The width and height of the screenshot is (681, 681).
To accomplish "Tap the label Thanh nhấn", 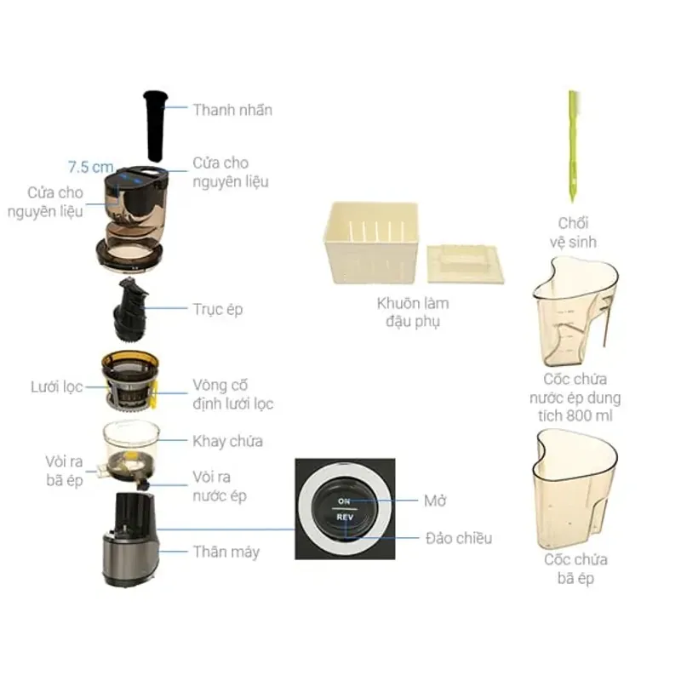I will coord(232,110).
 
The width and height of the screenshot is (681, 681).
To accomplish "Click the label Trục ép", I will coord(218,308).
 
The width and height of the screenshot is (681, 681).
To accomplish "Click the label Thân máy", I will coord(226,552).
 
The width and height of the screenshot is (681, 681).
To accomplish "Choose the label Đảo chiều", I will coord(458,538).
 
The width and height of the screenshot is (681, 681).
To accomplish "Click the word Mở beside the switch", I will coord(436,500).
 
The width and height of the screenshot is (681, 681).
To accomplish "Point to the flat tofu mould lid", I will coord(465,264).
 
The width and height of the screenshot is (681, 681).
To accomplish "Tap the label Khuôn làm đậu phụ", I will coord(413,312).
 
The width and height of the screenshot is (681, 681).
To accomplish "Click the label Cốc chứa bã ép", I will coord(575,569).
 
